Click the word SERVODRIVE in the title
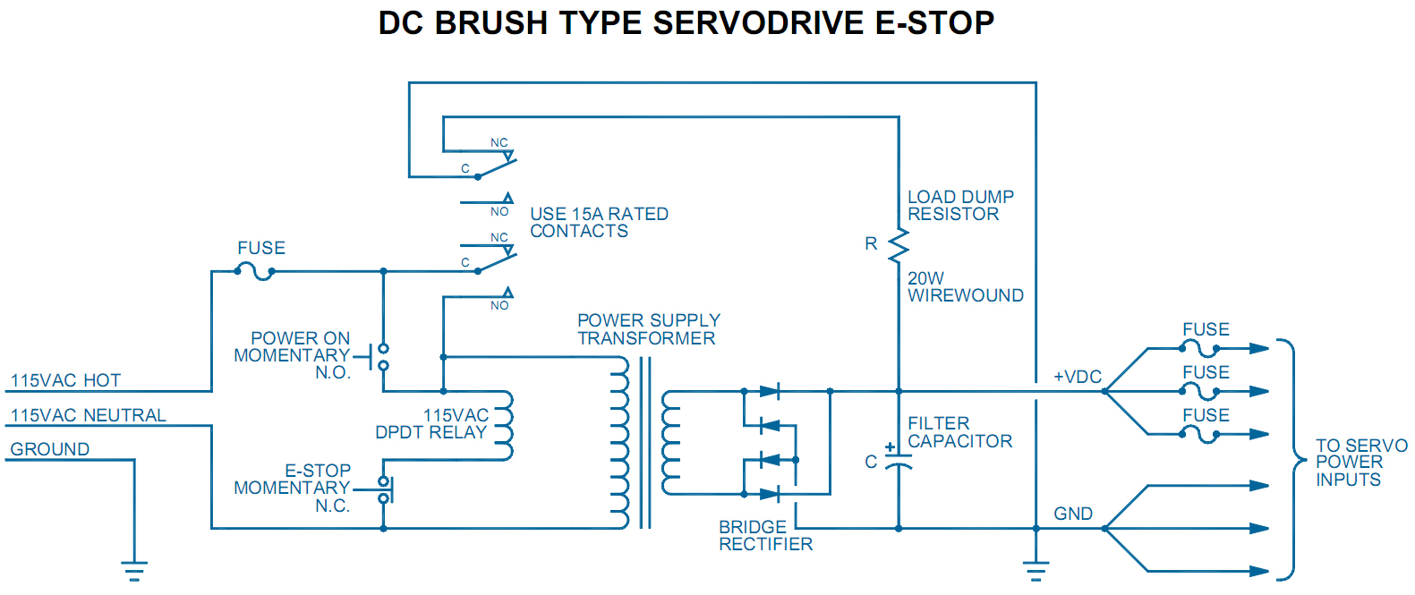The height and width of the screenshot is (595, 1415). click(x=760, y=22)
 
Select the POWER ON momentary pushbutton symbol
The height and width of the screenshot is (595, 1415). click(x=383, y=356)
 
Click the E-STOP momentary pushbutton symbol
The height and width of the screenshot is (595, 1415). click(x=385, y=489)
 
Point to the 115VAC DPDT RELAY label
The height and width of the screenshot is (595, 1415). click(x=433, y=424)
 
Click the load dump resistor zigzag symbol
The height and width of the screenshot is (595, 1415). click(x=898, y=244)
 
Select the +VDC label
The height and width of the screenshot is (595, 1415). click(x=1077, y=377)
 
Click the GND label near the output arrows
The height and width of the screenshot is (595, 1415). click(x=1072, y=514)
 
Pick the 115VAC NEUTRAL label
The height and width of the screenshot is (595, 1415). click(x=88, y=415)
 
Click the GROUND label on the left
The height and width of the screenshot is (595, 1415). click(x=50, y=449)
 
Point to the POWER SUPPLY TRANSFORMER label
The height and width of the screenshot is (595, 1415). click(x=648, y=329)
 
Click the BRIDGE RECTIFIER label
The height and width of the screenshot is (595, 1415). click(x=765, y=535)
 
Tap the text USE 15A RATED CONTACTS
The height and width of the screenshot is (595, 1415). click(x=599, y=222)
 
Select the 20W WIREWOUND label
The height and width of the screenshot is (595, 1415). click(x=965, y=286)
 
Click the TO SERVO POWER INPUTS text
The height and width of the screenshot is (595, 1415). click(x=1360, y=463)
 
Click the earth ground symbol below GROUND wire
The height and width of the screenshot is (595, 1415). click(x=134, y=569)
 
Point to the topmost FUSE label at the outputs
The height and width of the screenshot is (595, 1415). click(x=1206, y=329)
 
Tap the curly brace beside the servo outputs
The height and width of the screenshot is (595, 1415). click(x=1291, y=460)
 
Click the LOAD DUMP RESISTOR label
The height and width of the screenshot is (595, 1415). click(x=960, y=205)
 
